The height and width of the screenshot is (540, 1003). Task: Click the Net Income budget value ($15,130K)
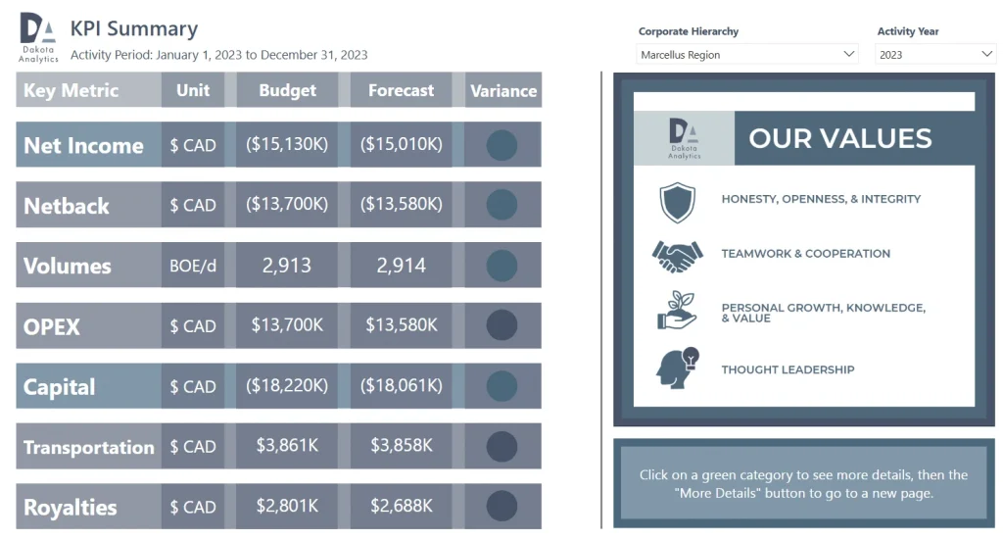[x=287, y=145]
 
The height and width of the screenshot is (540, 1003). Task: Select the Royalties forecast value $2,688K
[x=402, y=507]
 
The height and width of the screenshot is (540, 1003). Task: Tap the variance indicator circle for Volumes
[x=501, y=266]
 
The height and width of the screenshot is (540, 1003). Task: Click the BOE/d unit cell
[x=193, y=266]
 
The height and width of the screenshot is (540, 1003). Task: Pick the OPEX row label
[x=52, y=326]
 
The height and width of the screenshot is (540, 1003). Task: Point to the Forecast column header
[x=401, y=90]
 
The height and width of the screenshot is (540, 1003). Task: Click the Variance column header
[x=503, y=90]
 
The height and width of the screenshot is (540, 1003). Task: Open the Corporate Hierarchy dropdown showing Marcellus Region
[x=747, y=55]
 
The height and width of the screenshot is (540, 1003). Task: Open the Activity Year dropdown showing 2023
[x=935, y=55]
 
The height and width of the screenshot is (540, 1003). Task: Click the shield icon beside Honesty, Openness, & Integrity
[x=677, y=202]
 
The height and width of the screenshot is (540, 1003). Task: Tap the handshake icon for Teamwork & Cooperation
[x=677, y=255]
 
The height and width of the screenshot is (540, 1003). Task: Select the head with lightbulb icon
[x=677, y=368]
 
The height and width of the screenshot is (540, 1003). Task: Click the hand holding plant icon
[x=677, y=312]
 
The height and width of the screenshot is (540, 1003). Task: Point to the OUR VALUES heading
[x=839, y=138]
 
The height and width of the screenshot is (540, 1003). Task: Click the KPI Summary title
[x=134, y=29]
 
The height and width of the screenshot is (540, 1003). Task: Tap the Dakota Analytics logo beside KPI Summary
[x=38, y=37]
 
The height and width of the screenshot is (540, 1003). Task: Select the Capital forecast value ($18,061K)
[x=402, y=386]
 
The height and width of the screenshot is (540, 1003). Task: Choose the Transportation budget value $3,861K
[x=287, y=446]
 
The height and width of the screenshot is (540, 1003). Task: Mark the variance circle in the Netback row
[x=501, y=205]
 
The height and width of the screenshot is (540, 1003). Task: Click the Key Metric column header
[x=71, y=90]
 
